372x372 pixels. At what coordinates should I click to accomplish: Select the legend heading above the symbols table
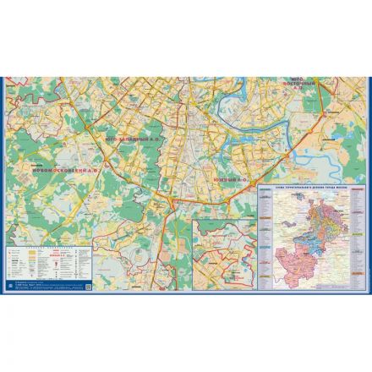[x=38, y=246]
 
